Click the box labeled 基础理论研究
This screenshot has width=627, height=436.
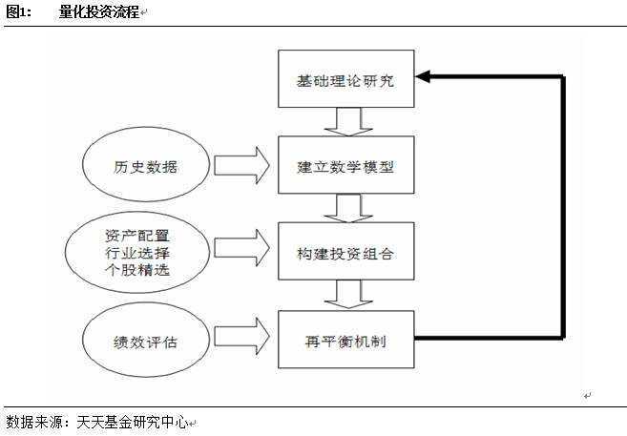click(x=346, y=79)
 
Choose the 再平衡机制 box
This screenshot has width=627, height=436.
click(x=346, y=338)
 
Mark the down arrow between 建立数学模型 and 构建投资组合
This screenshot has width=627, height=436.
click(x=345, y=208)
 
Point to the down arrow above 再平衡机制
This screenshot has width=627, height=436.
click(x=345, y=295)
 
